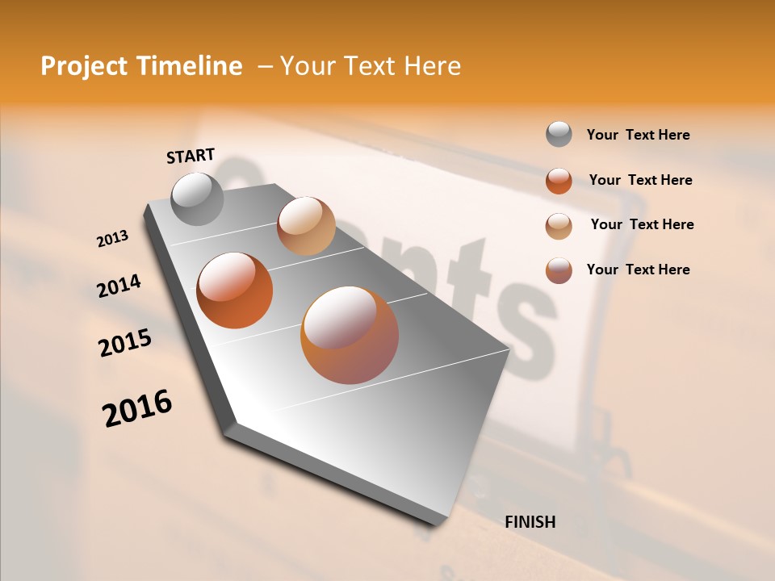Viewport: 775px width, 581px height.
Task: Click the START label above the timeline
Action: [191, 156]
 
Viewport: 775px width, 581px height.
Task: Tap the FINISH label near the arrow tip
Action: [530, 522]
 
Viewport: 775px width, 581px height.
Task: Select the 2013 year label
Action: [113, 238]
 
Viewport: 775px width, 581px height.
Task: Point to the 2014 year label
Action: [119, 286]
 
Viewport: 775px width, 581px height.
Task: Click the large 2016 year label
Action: [137, 408]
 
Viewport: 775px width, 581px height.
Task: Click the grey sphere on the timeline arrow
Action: [197, 199]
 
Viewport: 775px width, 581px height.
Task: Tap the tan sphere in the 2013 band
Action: [306, 226]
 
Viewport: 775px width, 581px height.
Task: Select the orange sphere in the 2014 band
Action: [235, 290]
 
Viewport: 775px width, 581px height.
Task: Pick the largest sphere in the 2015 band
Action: [350, 335]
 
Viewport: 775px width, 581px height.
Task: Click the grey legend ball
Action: [559, 135]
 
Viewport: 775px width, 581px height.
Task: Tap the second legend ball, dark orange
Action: [559, 181]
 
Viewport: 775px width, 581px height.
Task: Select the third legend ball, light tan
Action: [559, 226]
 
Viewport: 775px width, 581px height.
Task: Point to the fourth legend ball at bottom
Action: [559, 270]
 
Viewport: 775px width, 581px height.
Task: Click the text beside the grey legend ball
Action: [638, 136]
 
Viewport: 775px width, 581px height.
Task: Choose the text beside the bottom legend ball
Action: [638, 270]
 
